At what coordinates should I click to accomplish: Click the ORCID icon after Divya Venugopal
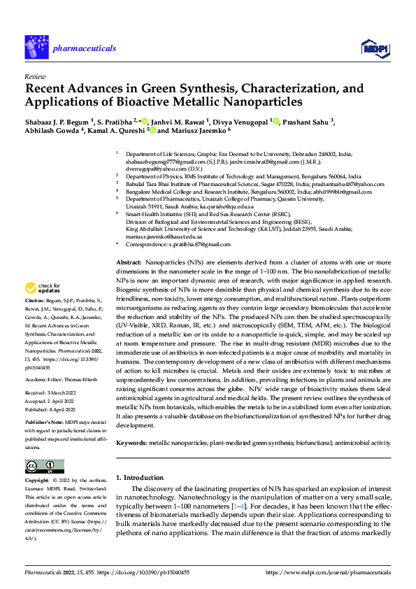pyautogui.click(x=276, y=121)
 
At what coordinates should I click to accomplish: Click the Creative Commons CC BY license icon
pyautogui.click(x=44, y=466)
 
